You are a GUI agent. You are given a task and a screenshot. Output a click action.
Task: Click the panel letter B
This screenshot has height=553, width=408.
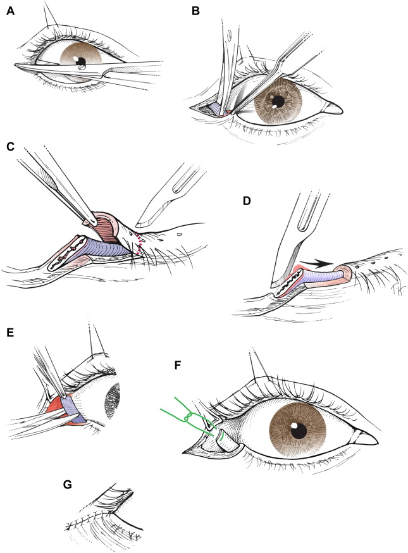coord(195,11)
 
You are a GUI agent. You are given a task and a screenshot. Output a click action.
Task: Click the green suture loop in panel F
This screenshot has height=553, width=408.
coord(188,417)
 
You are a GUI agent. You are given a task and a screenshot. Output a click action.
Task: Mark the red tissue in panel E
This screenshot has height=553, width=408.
coord(53,404)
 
